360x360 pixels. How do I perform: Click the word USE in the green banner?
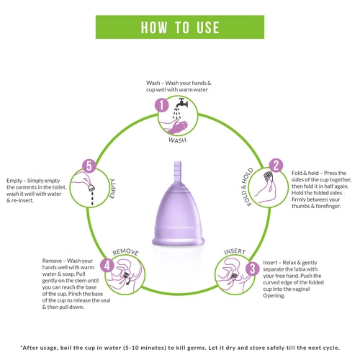coord(208,27)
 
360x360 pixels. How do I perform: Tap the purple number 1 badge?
coord(162,105)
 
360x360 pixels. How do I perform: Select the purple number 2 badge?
coord(276,166)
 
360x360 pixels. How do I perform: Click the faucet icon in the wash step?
coord(181,103)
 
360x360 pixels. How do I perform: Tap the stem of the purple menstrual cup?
coord(177,171)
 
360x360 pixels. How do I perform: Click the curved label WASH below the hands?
coord(178,140)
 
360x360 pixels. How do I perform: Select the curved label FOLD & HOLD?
coord(246,186)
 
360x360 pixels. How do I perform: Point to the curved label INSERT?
coord(235,251)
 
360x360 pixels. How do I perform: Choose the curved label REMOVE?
coord(125,252)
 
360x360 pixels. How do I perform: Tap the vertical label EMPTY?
coord(112,189)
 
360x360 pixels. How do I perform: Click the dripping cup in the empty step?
coord(91,187)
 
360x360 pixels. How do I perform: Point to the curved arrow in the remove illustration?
coord(128,282)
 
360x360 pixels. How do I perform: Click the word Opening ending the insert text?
coord(274,296)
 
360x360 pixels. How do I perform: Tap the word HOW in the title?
coord(154,27)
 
